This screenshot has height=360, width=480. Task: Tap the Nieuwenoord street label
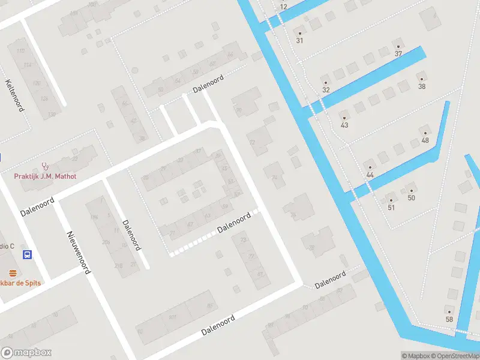tap(79, 252)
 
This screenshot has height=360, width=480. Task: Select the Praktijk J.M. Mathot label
tap(46, 176)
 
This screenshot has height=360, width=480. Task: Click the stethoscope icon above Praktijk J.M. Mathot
tap(45, 166)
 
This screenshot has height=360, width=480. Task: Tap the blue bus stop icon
tap(27, 255)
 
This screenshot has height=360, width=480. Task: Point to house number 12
tap(283, 7)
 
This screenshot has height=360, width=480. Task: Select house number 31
tap(299, 40)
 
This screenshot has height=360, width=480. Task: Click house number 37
tap(398, 53)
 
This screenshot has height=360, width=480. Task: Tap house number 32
tap(326, 89)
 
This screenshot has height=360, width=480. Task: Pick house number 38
tap(422, 86)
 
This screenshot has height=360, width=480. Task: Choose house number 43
tap(344, 125)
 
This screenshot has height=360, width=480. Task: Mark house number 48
tap(425, 140)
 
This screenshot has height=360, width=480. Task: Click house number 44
tap(370, 174)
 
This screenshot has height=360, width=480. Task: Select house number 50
tap(411, 197)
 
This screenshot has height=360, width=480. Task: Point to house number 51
tap(391, 208)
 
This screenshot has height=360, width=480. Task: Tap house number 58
tap(449, 319)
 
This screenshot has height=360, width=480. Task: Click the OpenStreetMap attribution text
tap(457, 356)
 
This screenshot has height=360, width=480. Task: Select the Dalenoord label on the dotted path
tap(233, 223)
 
